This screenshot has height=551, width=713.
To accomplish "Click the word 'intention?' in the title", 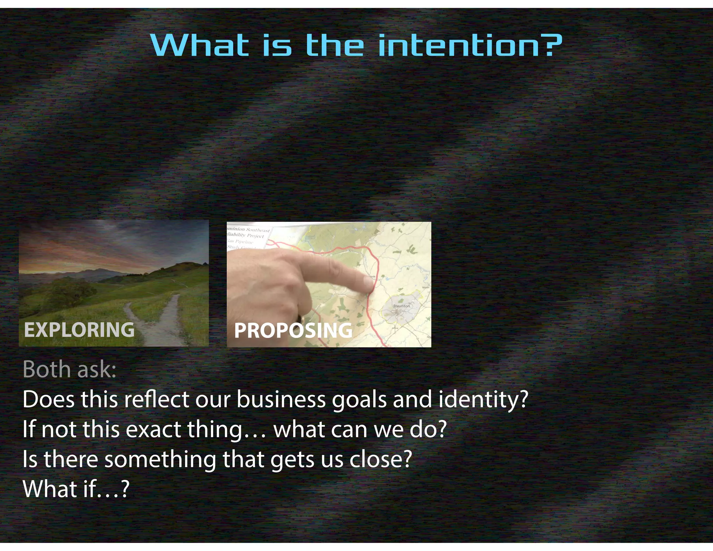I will pos(470,46).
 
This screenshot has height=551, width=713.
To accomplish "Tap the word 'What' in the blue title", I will pos(200,46).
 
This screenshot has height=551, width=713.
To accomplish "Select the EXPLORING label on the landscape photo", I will pos(79,329).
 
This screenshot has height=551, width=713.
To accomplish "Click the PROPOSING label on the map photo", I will pos(293,330).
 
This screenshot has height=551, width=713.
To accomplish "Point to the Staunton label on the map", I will pos(401,306).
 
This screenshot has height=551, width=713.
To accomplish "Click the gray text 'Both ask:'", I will pos(69,369).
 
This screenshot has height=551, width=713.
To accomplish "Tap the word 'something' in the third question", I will pos(160,459).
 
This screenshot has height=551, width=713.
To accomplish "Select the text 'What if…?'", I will pos(76,489).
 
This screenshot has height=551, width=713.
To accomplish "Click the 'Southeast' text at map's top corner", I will pos(258,230).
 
